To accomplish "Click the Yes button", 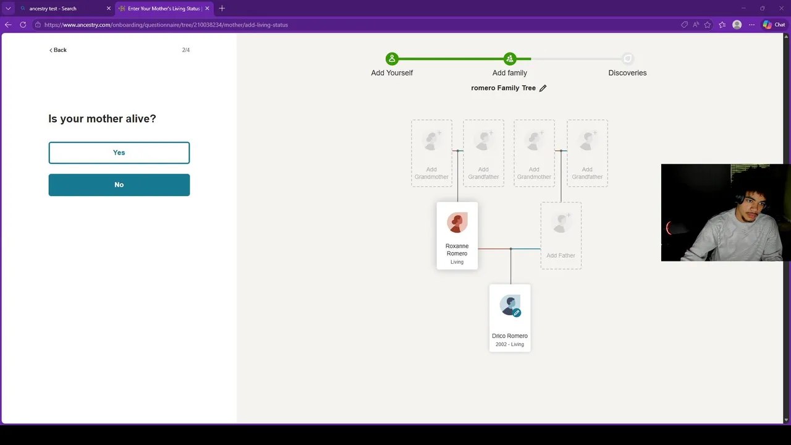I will pyautogui.click(x=119, y=153).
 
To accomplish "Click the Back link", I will pyautogui.click(x=58, y=50).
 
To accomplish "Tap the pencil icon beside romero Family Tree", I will pyautogui.click(x=543, y=88).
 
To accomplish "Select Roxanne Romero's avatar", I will pyautogui.click(x=457, y=222).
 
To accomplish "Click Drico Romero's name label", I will pyautogui.click(x=510, y=336).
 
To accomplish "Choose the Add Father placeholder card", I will pyautogui.click(x=561, y=235).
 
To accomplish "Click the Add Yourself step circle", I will pyautogui.click(x=392, y=59).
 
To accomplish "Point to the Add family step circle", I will pyautogui.click(x=510, y=59).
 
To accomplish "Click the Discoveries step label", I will pyautogui.click(x=627, y=73).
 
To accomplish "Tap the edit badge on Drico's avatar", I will pyautogui.click(x=517, y=313).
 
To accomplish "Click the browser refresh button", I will pyautogui.click(x=23, y=25).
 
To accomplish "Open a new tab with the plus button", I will pyautogui.click(x=222, y=9).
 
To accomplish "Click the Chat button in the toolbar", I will pyautogui.click(x=774, y=25).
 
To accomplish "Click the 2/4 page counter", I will pyautogui.click(x=186, y=50).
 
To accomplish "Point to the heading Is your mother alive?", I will pyautogui.click(x=102, y=119).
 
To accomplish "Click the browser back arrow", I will pyautogui.click(x=8, y=25).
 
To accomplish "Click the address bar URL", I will pyautogui.click(x=166, y=25).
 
